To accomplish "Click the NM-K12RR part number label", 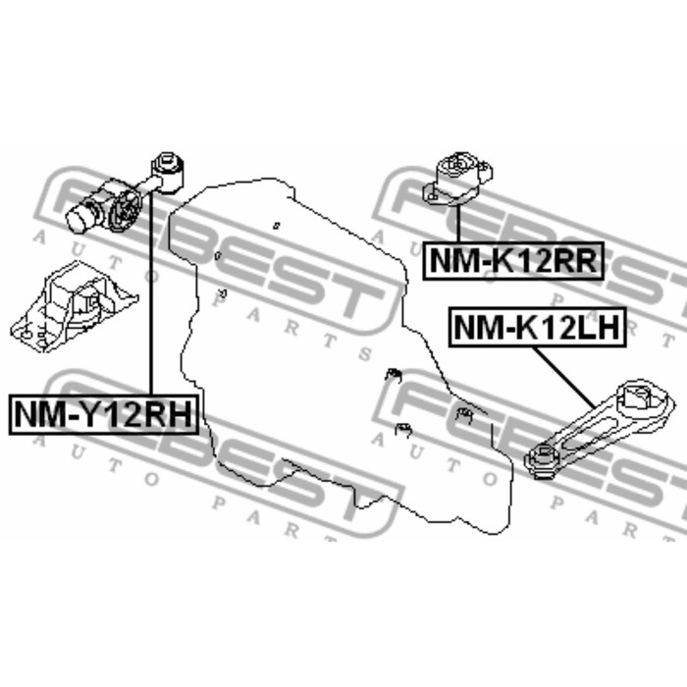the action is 513,261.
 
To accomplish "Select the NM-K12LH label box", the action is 538,328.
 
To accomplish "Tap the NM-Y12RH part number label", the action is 103,414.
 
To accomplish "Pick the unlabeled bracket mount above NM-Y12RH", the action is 74,306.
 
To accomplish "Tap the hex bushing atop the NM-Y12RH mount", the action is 168,172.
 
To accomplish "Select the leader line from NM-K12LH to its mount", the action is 564,377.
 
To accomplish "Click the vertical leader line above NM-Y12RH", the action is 151,292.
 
